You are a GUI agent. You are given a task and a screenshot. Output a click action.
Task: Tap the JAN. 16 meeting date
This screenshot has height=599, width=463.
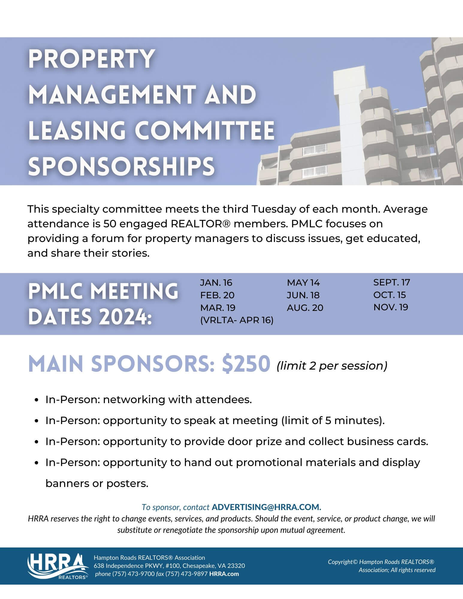(216, 283)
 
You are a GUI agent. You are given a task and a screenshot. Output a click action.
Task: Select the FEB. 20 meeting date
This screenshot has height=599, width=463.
(217, 295)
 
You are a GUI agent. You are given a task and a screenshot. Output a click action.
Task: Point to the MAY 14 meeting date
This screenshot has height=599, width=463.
(303, 283)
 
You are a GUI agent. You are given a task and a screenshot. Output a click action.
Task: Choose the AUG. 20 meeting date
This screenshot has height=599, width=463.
(305, 308)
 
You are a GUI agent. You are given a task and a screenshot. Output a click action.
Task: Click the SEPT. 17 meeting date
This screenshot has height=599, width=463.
(392, 282)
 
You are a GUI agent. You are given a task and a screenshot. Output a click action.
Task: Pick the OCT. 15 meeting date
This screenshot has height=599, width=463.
(390, 295)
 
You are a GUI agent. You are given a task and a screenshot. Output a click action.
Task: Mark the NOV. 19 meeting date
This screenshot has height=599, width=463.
(391, 307)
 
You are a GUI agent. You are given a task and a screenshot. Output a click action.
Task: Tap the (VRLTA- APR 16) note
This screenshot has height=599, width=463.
(237, 320)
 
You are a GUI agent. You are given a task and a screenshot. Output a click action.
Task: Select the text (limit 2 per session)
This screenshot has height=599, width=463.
(332, 366)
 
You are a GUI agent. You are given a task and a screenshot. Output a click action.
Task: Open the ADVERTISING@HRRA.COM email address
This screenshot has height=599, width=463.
(266, 507)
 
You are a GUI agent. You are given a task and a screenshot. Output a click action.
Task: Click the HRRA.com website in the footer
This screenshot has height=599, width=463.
(224, 574)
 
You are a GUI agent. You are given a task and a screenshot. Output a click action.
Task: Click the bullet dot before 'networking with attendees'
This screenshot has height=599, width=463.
(37, 400)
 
